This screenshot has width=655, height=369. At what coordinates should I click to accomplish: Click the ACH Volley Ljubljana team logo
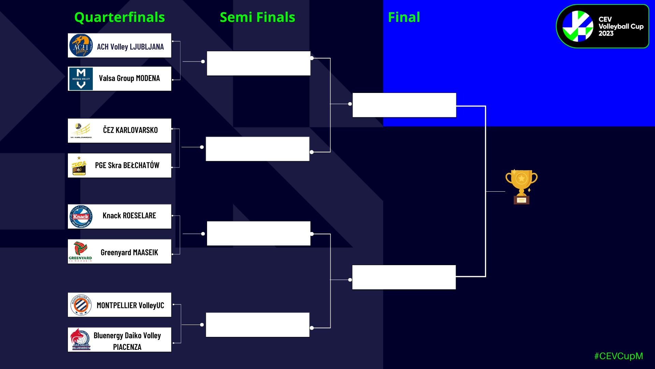click(x=81, y=45)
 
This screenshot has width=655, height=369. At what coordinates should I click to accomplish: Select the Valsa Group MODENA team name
click(x=129, y=78)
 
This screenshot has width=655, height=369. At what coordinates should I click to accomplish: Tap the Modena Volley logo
click(x=81, y=79)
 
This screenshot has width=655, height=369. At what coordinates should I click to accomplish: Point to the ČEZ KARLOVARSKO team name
click(x=130, y=130)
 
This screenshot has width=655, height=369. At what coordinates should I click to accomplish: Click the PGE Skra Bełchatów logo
click(x=79, y=166)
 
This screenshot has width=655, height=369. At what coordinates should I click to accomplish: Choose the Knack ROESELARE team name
click(x=129, y=216)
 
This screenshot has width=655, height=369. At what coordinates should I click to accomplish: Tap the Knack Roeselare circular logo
click(x=81, y=217)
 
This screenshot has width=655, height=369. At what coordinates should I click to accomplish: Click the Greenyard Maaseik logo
click(x=80, y=251)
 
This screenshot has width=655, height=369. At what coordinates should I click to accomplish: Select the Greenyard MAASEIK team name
click(x=129, y=252)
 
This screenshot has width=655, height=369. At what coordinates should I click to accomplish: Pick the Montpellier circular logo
click(x=81, y=305)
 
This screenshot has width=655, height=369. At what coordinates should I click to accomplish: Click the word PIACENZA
click(x=127, y=347)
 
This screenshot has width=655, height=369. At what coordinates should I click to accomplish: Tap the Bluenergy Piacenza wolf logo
click(x=80, y=339)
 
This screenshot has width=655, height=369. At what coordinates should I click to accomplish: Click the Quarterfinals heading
click(x=119, y=17)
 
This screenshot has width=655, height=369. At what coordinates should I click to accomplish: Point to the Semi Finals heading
click(x=257, y=17)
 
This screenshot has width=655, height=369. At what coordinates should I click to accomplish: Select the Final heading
click(x=404, y=17)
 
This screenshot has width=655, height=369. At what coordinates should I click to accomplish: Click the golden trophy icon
click(x=521, y=187)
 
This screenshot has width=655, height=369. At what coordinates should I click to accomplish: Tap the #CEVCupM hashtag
click(x=618, y=356)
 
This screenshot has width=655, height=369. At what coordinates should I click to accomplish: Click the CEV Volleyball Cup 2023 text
click(x=621, y=26)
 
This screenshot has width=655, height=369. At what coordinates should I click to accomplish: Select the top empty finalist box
click(x=404, y=105)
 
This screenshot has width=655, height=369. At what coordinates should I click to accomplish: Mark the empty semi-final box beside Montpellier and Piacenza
click(x=258, y=325)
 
